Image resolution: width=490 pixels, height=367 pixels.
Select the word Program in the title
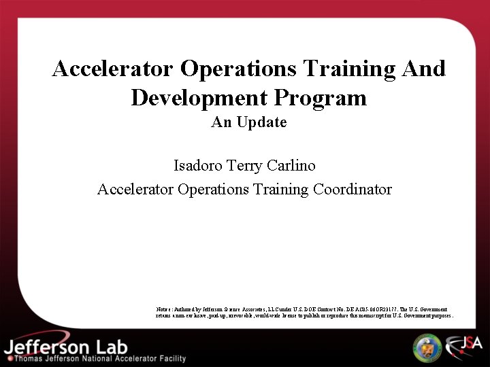(x=321, y=98)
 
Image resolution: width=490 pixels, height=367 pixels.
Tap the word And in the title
(x=423, y=69)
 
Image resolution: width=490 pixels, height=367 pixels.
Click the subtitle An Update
(x=249, y=122)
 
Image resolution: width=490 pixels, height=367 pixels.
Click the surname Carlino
(x=291, y=165)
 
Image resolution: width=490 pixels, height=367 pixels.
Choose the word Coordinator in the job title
(x=353, y=189)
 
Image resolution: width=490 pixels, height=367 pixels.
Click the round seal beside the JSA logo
(x=427, y=347)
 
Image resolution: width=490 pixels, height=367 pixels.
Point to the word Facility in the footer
(x=169, y=358)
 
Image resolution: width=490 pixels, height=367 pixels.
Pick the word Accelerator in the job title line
(x=135, y=189)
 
